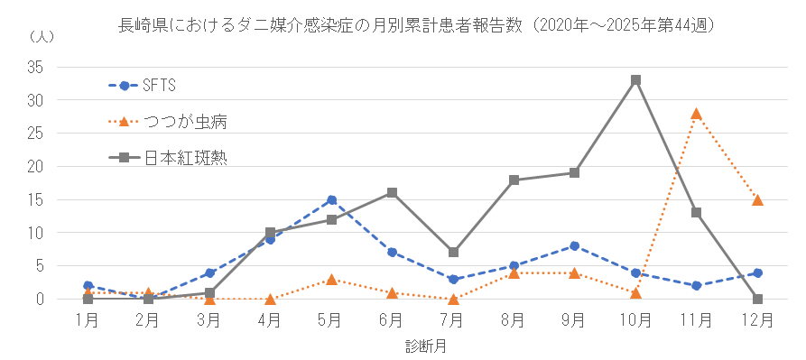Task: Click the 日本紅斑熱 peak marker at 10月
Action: [x=635, y=80]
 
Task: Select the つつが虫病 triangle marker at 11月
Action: [x=696, y=114]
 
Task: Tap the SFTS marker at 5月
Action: [x=332, y=199]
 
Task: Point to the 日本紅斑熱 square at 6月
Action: [x=393, y=192]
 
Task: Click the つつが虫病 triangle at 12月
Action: [x=757, y=199]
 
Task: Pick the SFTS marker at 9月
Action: [x=575, y=245]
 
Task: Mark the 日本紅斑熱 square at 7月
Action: [x=453, y=253]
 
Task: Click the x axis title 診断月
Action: [x=422, y=345]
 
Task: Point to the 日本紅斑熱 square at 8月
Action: [x=514, y=180]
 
